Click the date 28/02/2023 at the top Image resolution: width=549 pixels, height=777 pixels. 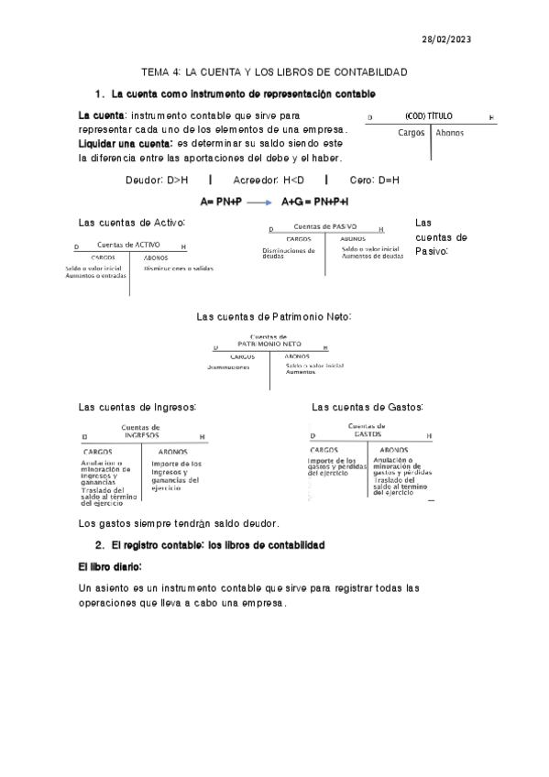coord(445,40)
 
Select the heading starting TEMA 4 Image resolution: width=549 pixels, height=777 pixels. coord(274,71)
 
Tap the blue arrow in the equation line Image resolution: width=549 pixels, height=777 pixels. coord(261,202)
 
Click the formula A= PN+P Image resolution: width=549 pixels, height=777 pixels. coord(221,202)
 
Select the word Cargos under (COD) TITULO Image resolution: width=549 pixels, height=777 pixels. coord(412,133)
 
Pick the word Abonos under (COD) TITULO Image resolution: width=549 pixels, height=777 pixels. coord(450,133)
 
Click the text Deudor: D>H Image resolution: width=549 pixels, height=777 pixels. coord(157,181)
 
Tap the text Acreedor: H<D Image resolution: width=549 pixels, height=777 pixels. coord(262,181)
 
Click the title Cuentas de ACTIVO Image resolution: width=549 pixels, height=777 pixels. coord(128,246)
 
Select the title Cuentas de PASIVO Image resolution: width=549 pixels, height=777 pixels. coord(324,227)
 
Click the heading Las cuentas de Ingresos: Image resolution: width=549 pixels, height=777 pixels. coord(137,407)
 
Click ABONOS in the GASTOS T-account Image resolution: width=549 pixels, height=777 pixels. coord(394,450)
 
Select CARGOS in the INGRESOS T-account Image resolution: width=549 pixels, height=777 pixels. coord(98,452)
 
